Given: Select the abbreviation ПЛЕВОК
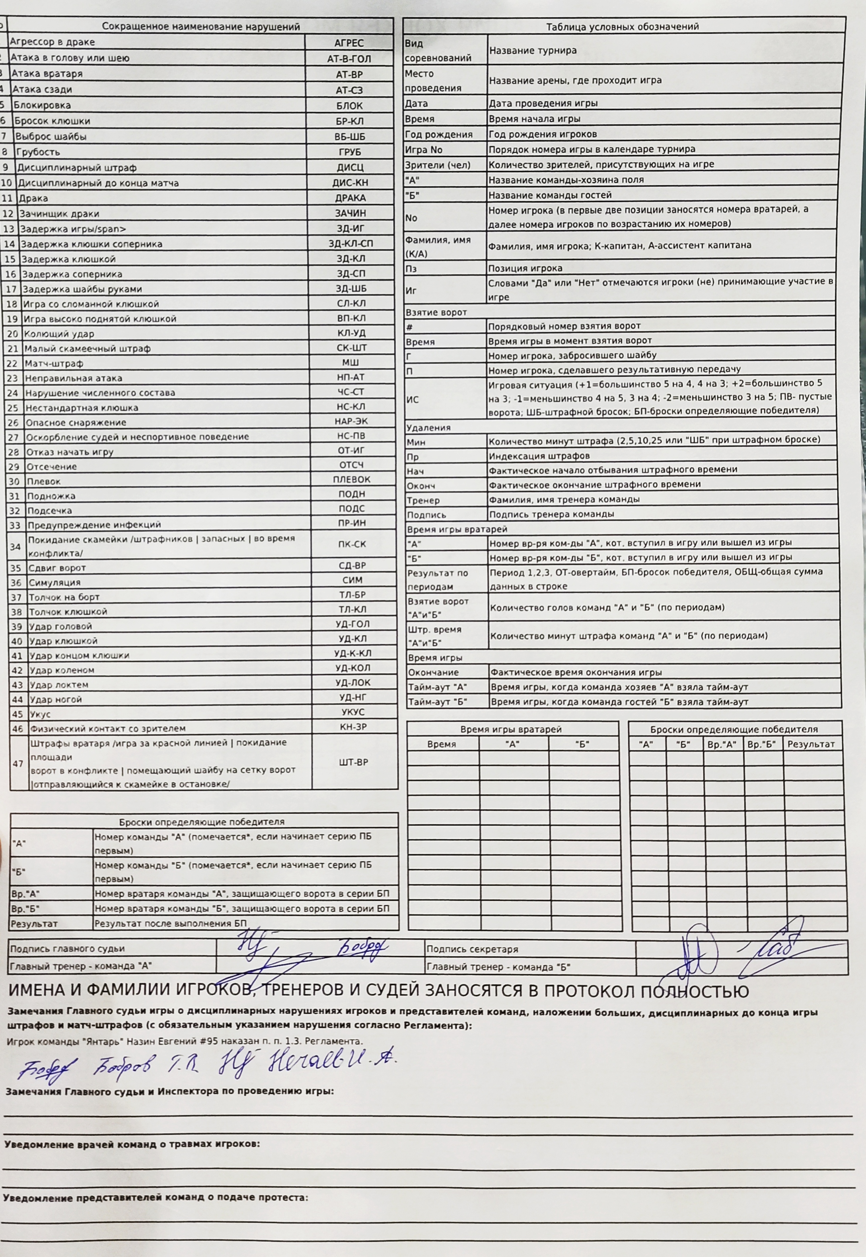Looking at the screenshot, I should point(352,479).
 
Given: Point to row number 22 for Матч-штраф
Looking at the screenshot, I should point(12,364).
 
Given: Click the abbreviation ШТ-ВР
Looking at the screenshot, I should point(354,762).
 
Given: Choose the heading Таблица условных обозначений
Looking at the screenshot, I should point(623,26).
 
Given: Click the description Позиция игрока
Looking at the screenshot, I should point(525,268).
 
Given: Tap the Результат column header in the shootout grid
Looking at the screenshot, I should point(811,744).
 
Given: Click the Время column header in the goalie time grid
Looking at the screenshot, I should point(442,744).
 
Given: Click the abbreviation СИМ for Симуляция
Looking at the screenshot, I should point(352,580).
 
